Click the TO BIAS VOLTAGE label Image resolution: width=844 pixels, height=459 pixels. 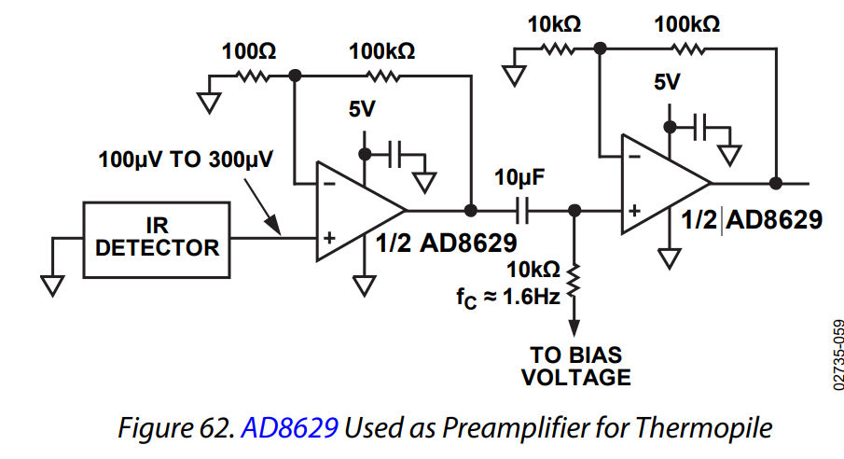coord(575,367)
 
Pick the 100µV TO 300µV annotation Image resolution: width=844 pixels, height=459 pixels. coord(186,159)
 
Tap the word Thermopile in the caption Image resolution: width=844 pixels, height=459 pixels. coord(715,428)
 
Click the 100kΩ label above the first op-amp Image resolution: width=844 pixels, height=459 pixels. coord(381,51)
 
